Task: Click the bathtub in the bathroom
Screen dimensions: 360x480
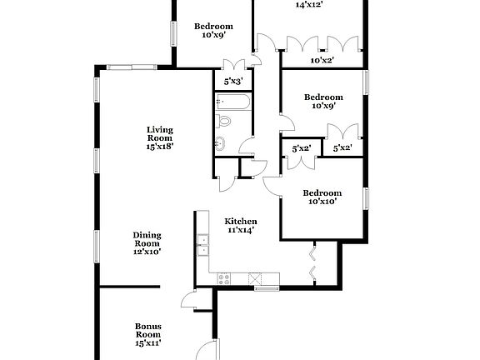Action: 230,103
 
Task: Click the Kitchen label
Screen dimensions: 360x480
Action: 240,222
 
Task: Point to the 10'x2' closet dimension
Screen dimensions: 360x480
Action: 321,60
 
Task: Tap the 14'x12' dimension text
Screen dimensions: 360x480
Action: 309,4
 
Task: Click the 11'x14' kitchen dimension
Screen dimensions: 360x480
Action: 240,231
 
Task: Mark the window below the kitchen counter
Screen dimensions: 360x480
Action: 266,288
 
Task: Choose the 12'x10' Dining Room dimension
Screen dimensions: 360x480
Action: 147,251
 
